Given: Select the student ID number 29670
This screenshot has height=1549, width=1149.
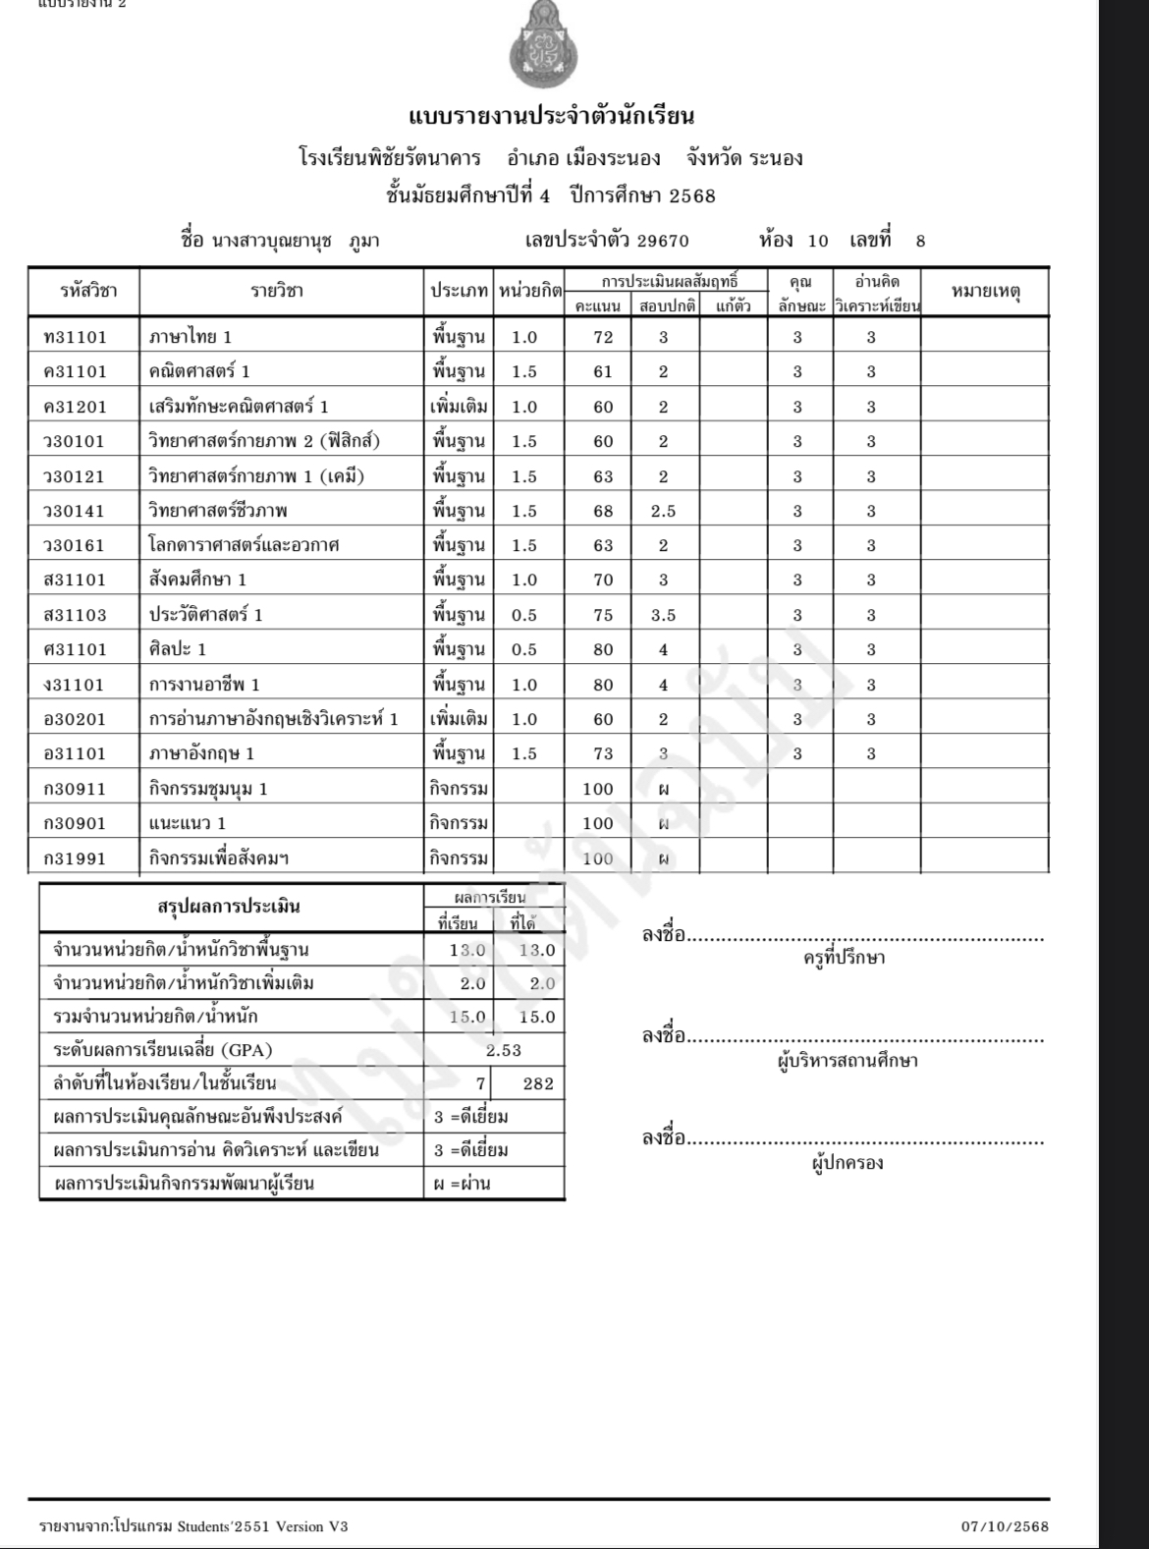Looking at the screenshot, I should [x=663, y=242].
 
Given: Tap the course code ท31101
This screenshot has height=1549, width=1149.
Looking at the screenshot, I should [x=76, y=337].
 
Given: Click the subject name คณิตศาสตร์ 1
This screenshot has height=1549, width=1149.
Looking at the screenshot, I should [x=199, y=371].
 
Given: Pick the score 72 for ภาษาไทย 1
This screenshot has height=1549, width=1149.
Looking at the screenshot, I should [x=603, y=337].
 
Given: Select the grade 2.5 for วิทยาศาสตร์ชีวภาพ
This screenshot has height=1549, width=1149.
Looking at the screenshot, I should [x=663, y=511].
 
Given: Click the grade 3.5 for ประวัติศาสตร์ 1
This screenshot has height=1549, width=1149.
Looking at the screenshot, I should [x=663, y=615].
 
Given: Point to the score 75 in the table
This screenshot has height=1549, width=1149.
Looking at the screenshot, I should [x=603, y=615].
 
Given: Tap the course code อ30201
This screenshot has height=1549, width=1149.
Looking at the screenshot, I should [x=75, y=719].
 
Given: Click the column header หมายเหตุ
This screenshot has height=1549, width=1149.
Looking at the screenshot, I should [x=985, y=291].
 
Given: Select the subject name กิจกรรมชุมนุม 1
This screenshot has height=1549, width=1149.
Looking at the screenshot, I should [x=208, y=789].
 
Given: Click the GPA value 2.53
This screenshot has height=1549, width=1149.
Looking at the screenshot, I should [x=504, y=1050].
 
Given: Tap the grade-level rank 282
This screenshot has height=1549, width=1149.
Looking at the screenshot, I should [x=538, y=1083].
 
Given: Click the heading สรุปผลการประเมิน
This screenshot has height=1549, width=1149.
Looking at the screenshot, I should [x=229, y=906].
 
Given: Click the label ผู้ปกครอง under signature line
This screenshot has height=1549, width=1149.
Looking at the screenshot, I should [x=848, y=1163].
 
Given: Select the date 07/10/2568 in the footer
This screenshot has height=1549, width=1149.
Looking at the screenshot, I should [x=1006, y=1526].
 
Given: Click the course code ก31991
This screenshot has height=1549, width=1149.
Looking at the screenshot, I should [x=75, y=858].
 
